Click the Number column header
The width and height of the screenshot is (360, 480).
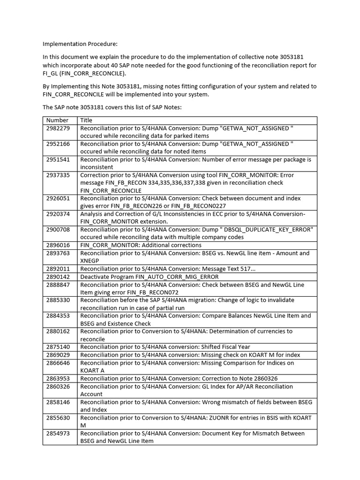coord(57,120)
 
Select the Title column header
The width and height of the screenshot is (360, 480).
coord(87,120)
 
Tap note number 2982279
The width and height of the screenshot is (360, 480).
coord(58,128)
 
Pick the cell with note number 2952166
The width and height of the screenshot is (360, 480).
coord(58,144)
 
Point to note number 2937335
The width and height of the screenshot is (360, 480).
coord(58,175)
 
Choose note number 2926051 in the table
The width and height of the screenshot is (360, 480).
coord(58,198)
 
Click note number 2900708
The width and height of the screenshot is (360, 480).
coord(58,230)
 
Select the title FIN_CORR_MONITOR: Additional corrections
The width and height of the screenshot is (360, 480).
coord(141,245)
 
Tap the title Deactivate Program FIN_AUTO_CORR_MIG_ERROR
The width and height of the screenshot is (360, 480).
coord(149,277)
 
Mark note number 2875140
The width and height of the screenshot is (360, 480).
coord(58,347)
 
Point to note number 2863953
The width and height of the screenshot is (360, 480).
coord(58,378)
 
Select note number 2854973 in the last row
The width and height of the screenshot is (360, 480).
coord(58,433)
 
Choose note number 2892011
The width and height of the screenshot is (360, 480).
coord(58,269)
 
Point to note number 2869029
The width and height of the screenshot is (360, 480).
coord(58,355)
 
